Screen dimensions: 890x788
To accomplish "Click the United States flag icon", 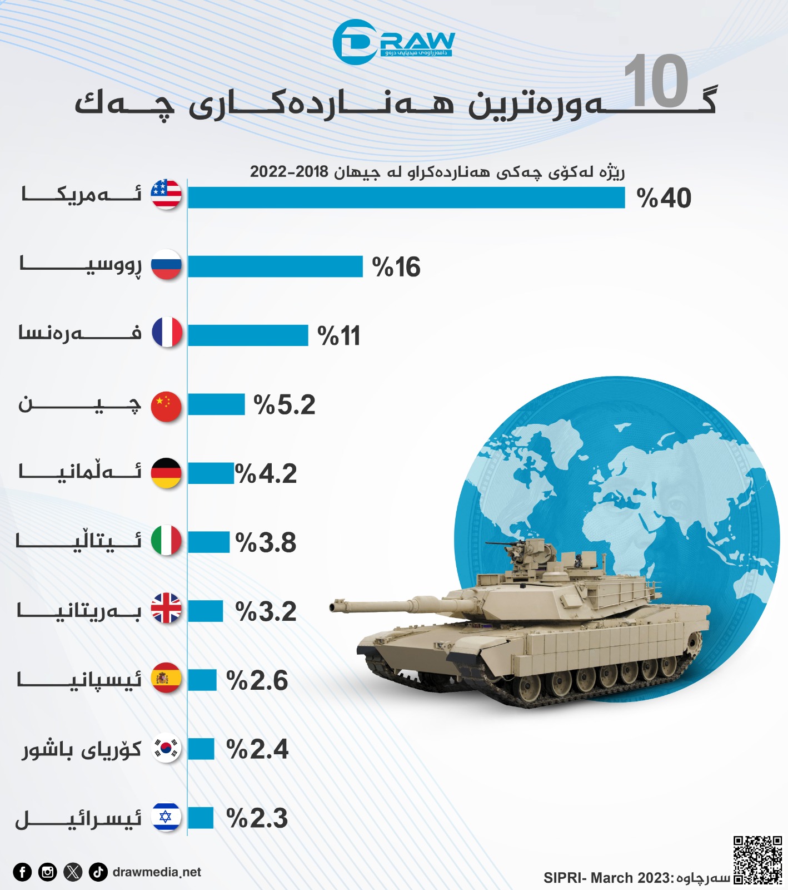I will (166, 195).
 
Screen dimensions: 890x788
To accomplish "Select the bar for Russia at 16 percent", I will (275, 266).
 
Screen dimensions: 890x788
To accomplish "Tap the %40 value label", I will (664, 198).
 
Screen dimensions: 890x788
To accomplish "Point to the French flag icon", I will (167, 333).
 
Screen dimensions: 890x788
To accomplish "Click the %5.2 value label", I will (284, 404).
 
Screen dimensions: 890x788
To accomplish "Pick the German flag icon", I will (166, 473).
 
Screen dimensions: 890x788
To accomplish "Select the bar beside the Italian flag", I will (208, 542).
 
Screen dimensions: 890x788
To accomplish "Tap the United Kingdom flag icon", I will (166, 609).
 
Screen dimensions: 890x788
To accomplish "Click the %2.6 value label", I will (257, 680).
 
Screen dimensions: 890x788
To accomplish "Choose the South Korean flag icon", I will (167, 749).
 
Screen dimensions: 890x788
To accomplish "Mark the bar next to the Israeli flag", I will (201, 818).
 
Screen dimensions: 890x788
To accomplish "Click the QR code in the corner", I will (757, 859).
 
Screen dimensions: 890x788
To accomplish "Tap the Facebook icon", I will (22, 872).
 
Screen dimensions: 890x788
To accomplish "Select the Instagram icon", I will (48, 872).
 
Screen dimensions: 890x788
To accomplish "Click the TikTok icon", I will (98, 872).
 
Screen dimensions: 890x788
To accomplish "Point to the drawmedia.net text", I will (157, 872).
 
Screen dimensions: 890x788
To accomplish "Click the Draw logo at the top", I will (393, 42).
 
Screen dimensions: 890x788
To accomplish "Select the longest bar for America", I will (406, 197).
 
